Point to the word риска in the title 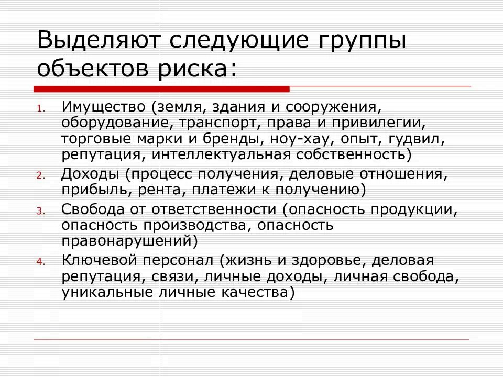coord(193,69)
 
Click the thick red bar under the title coord(161,89)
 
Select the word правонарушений coord(128,241)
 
